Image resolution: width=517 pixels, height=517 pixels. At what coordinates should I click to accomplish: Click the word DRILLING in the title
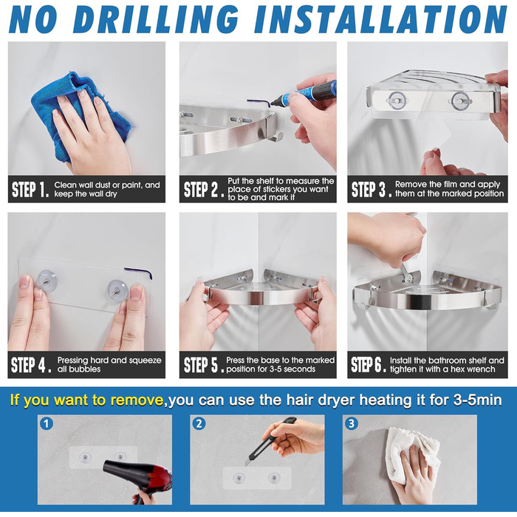click(x=156, y=19)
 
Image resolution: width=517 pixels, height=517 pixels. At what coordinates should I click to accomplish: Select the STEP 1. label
click(x=30, y=189)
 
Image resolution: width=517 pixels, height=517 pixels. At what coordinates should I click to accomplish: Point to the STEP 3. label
click(x=372, y=189)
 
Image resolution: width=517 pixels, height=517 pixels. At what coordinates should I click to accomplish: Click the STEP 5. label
click(x=204, y=365)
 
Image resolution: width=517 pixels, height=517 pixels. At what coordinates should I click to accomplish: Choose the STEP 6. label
click(x=369, y=365)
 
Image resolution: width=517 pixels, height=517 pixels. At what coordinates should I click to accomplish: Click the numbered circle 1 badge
click(x=47, y=423)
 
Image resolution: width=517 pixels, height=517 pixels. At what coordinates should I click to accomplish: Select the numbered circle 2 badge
click(x=199, y=423)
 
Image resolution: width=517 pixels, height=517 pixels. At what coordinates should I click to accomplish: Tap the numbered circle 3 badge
click(x=352, y=423)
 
